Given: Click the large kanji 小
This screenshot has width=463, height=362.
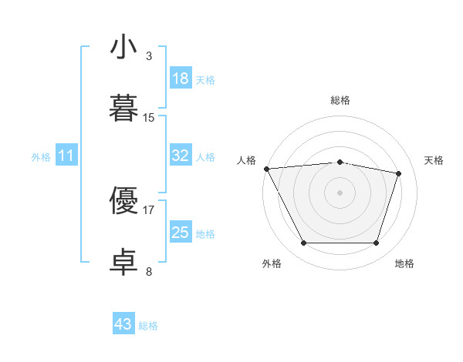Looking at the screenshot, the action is pyautogui.click(x=123, y=46).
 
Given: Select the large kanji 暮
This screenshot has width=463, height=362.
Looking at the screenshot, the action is pyautogui.click(x=123, y=108).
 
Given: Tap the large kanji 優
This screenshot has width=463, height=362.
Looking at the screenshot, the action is pyautogui.click(x=123, y=200).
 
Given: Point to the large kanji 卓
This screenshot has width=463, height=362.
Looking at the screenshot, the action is pyautogui.click(x=123, y=262).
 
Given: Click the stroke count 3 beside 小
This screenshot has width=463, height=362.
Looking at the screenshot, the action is pyautogui.click(x=149, y=56).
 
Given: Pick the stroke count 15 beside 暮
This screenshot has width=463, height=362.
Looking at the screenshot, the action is pyautogui.click(x=148, y=118).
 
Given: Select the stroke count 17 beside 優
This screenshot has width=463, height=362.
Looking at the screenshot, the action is pyautogui.click(x=148, y=210).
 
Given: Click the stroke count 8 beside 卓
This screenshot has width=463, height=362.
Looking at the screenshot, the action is pyautogui.click(x=149, y=271).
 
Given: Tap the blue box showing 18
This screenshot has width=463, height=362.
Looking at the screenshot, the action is pyautogui.click(x=181, y=78).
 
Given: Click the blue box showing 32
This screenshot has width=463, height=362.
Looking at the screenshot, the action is pyautogui.click(x=181, y=155).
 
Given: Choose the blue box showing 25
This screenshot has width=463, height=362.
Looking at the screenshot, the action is pyautogui.click(x=181, y=231).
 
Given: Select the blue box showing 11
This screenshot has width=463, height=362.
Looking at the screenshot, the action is pyautogui.click(x=66, y=155).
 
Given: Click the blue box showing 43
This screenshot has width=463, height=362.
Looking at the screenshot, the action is pyautogui.click(x=123, y=323).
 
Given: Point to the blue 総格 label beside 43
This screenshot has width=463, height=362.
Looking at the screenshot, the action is pyautogui.click(x=148, y=326).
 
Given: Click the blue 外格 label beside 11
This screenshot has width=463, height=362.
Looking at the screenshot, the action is pyautogui.click(x=41, y=157).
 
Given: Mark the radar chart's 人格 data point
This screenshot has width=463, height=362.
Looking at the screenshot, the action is pyautogui.click(x=267, y=169).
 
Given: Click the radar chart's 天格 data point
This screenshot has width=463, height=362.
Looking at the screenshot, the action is pyautogui.click(x=398, y=173).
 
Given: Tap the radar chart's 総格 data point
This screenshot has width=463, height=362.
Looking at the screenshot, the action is pyautogui.click(x=340, y=163).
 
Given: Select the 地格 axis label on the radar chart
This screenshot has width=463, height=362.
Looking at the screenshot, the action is pyautogui.click(x=404, y=263).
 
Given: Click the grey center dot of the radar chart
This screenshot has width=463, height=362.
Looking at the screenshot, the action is pyautogui.click(x=340, y=193).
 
